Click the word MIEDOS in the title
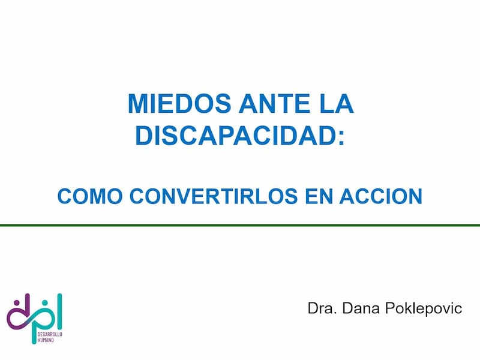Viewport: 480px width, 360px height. click(179, 103)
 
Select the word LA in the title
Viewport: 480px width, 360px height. click(337, 103)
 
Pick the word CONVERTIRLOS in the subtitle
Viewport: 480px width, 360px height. click(214, 196)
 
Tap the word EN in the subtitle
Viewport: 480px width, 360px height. click(319, 196)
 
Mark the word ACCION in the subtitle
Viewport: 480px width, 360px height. click(381, 196)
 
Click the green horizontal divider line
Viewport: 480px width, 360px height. click(240, 226)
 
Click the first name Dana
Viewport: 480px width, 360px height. click(361, 308)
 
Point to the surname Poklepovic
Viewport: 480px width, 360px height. click(424, 308)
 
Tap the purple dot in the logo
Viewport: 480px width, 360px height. click(17, 303)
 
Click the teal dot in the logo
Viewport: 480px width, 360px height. click(45, 303)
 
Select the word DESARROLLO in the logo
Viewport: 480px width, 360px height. click(50, 334)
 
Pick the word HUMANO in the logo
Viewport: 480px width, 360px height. click(46, 340)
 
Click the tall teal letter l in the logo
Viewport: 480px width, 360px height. click(59, 311)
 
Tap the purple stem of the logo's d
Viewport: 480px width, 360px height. click(28, 306)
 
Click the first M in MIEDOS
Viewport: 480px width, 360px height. click(137, 103)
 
